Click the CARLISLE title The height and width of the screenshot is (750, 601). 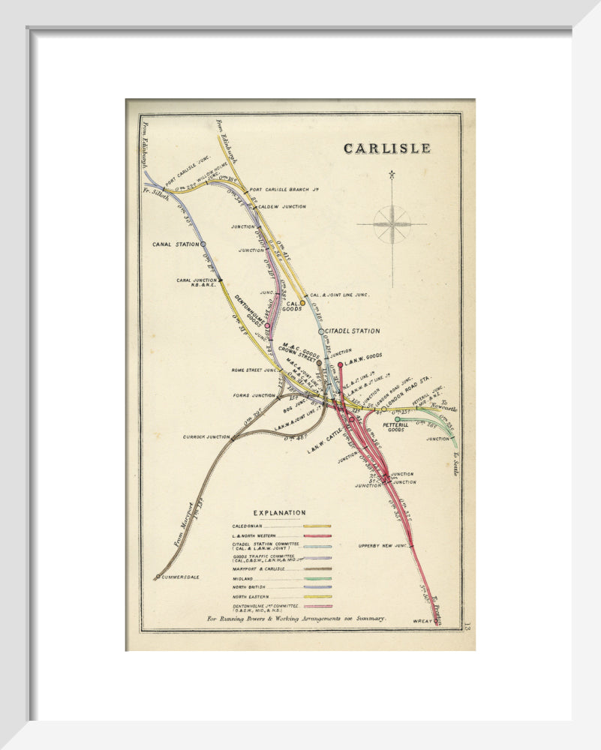point(387,148)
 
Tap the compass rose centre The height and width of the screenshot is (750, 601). point(392,223)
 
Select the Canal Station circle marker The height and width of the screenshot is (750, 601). point(203,244)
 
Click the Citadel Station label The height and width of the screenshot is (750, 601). point(353,331)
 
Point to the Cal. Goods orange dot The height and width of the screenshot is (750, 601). point(302,304)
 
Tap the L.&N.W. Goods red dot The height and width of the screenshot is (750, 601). point(340,364)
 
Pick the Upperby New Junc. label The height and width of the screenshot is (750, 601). point(383,545)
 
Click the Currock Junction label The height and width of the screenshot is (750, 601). point(207,436)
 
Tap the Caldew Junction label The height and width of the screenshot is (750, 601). point(282,206)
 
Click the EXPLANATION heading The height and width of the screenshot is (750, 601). point(279,512)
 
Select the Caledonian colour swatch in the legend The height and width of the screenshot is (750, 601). point(317,526)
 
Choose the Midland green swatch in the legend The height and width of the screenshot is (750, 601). point(317,578)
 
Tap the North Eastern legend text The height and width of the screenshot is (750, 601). point(253,596)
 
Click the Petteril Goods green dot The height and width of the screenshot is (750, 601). point(397,419)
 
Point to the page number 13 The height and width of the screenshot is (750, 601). point(467,626)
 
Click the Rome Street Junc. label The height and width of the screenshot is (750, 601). point(254,370)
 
